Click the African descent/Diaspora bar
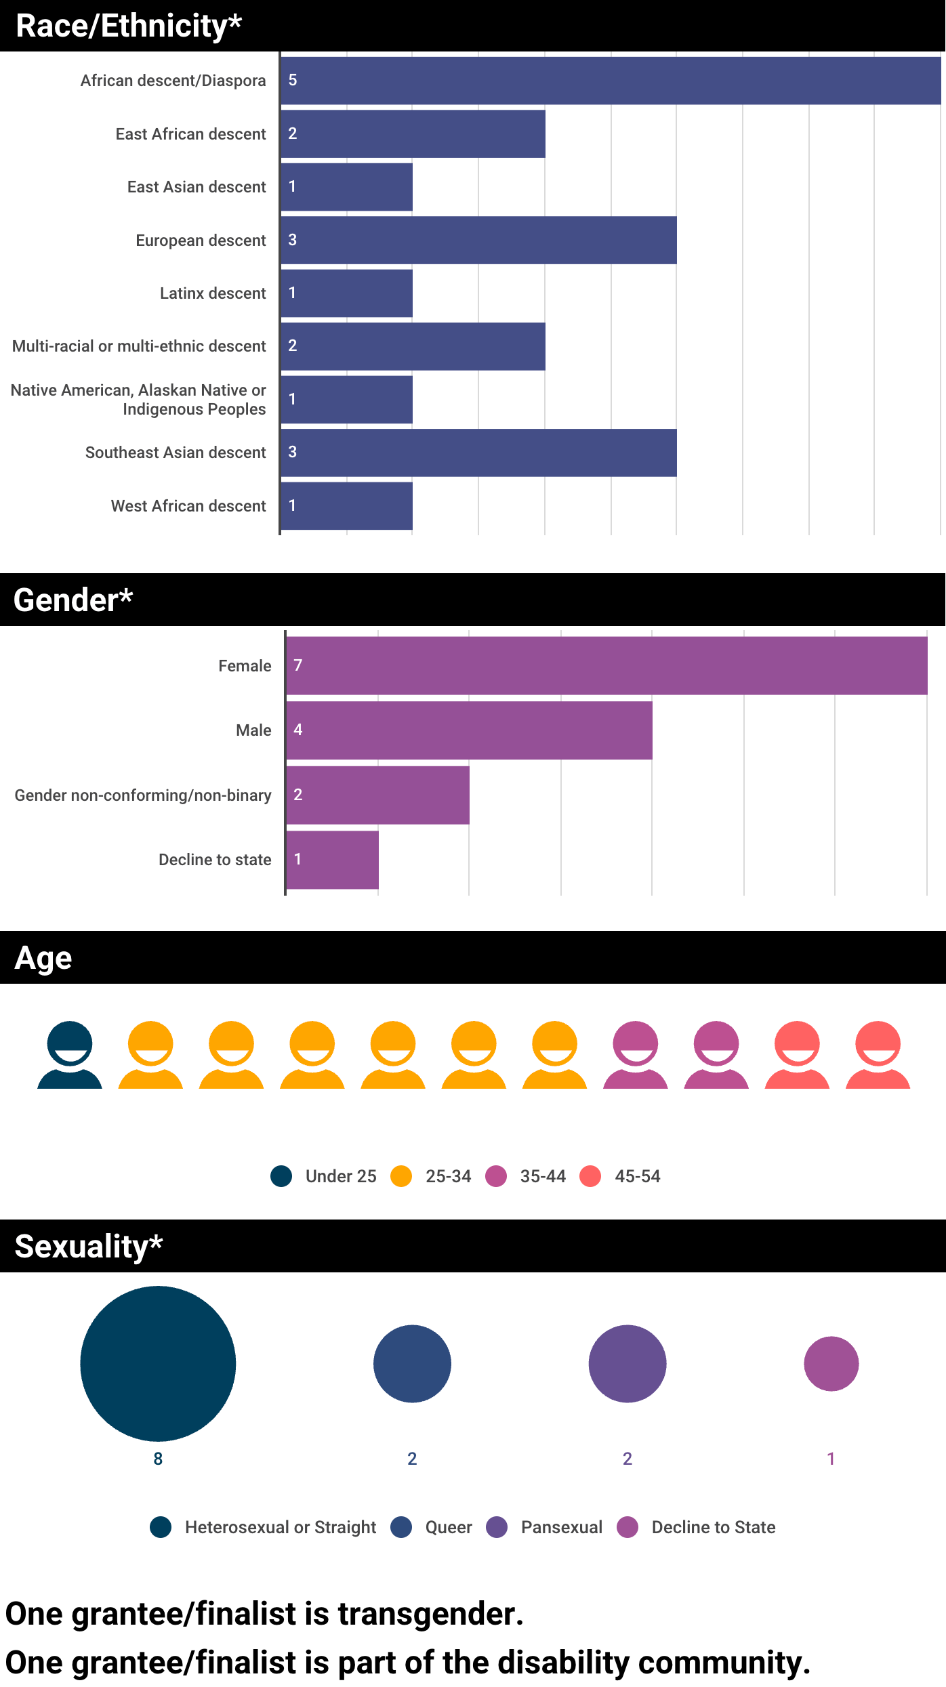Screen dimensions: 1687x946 point(610,81)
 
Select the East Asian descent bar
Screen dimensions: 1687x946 point(346,187)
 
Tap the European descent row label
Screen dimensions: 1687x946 point(201,241)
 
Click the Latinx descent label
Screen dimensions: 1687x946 point(213,293)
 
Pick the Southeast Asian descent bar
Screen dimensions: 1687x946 point(478,453)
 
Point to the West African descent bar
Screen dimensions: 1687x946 point(346,506)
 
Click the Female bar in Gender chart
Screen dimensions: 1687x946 point(606,665)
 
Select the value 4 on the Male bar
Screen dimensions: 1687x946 point(298,730)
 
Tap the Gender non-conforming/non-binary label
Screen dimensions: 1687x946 point(143,795)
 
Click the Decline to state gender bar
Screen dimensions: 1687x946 point(332,860)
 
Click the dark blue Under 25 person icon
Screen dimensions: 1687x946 point(70,1054)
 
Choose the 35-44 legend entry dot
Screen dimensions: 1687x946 point(496,1176)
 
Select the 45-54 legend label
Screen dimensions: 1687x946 point(637,1176)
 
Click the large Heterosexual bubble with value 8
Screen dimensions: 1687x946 point(158,1363)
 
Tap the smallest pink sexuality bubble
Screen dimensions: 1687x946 point(831,1363)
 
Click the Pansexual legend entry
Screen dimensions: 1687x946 point(561,1527)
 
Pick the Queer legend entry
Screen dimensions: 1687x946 point(448,1527)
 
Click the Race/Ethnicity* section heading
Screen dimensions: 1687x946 point(129,26)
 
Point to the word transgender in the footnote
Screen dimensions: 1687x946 point(430,1614)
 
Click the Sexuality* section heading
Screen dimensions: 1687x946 point(89,1246)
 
